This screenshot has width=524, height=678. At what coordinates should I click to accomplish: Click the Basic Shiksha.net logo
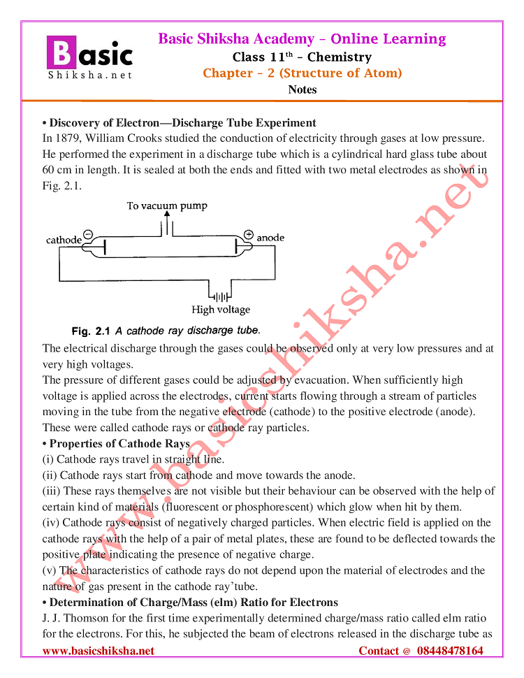89,57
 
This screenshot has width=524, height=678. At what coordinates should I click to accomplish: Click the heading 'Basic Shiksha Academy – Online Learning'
302,39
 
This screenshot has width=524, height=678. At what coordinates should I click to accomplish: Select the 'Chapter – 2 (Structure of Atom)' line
302,73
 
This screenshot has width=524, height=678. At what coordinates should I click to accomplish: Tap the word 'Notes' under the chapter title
302,89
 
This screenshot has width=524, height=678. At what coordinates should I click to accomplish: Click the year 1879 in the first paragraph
71,138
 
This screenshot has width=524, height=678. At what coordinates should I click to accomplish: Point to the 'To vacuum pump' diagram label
167,205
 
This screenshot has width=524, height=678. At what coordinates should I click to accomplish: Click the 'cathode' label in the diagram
64,240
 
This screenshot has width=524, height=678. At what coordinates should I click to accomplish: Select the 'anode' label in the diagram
270,238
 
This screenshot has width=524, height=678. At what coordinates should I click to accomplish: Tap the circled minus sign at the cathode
88,234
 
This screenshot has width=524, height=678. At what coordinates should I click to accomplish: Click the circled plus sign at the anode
248,234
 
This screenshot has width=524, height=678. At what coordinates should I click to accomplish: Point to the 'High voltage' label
221,310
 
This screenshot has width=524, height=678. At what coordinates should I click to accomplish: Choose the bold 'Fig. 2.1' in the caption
91,331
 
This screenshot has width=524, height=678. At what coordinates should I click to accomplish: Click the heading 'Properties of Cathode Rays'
119,444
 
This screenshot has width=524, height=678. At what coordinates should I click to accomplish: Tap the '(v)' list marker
50,570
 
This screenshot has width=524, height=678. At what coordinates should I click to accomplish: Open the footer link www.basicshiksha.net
99,651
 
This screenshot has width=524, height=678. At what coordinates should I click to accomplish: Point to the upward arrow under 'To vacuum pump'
166,222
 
